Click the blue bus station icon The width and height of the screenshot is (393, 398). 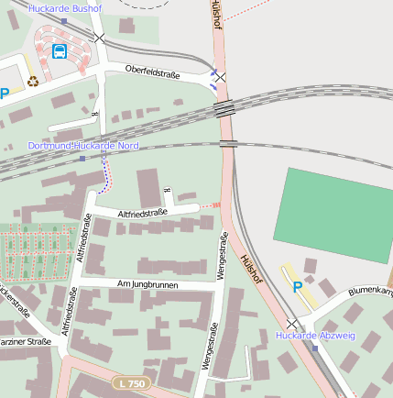tap(60, 51)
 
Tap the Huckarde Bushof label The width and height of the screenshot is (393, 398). tap(65, 8)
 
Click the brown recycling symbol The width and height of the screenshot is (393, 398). tap(33, 81)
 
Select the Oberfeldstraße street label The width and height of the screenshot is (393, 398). tap(153, 70)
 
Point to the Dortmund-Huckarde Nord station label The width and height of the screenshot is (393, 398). tap(83, 146)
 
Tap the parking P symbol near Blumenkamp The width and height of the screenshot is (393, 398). tap(297, 287)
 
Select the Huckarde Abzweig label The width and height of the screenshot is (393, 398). tap(315, 336)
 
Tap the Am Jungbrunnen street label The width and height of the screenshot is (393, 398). tap(147, 285)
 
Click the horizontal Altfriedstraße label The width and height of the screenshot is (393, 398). tap(142, 213)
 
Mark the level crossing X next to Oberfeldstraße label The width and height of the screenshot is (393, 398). tap(220, 78)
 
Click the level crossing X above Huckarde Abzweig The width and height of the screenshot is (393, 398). tap(292, 324)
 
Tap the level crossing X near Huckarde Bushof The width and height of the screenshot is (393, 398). tap(99, 38)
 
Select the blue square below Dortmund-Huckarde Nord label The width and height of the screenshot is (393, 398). tap(82, 158)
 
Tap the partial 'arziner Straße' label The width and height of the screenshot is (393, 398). tap(26, 342)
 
